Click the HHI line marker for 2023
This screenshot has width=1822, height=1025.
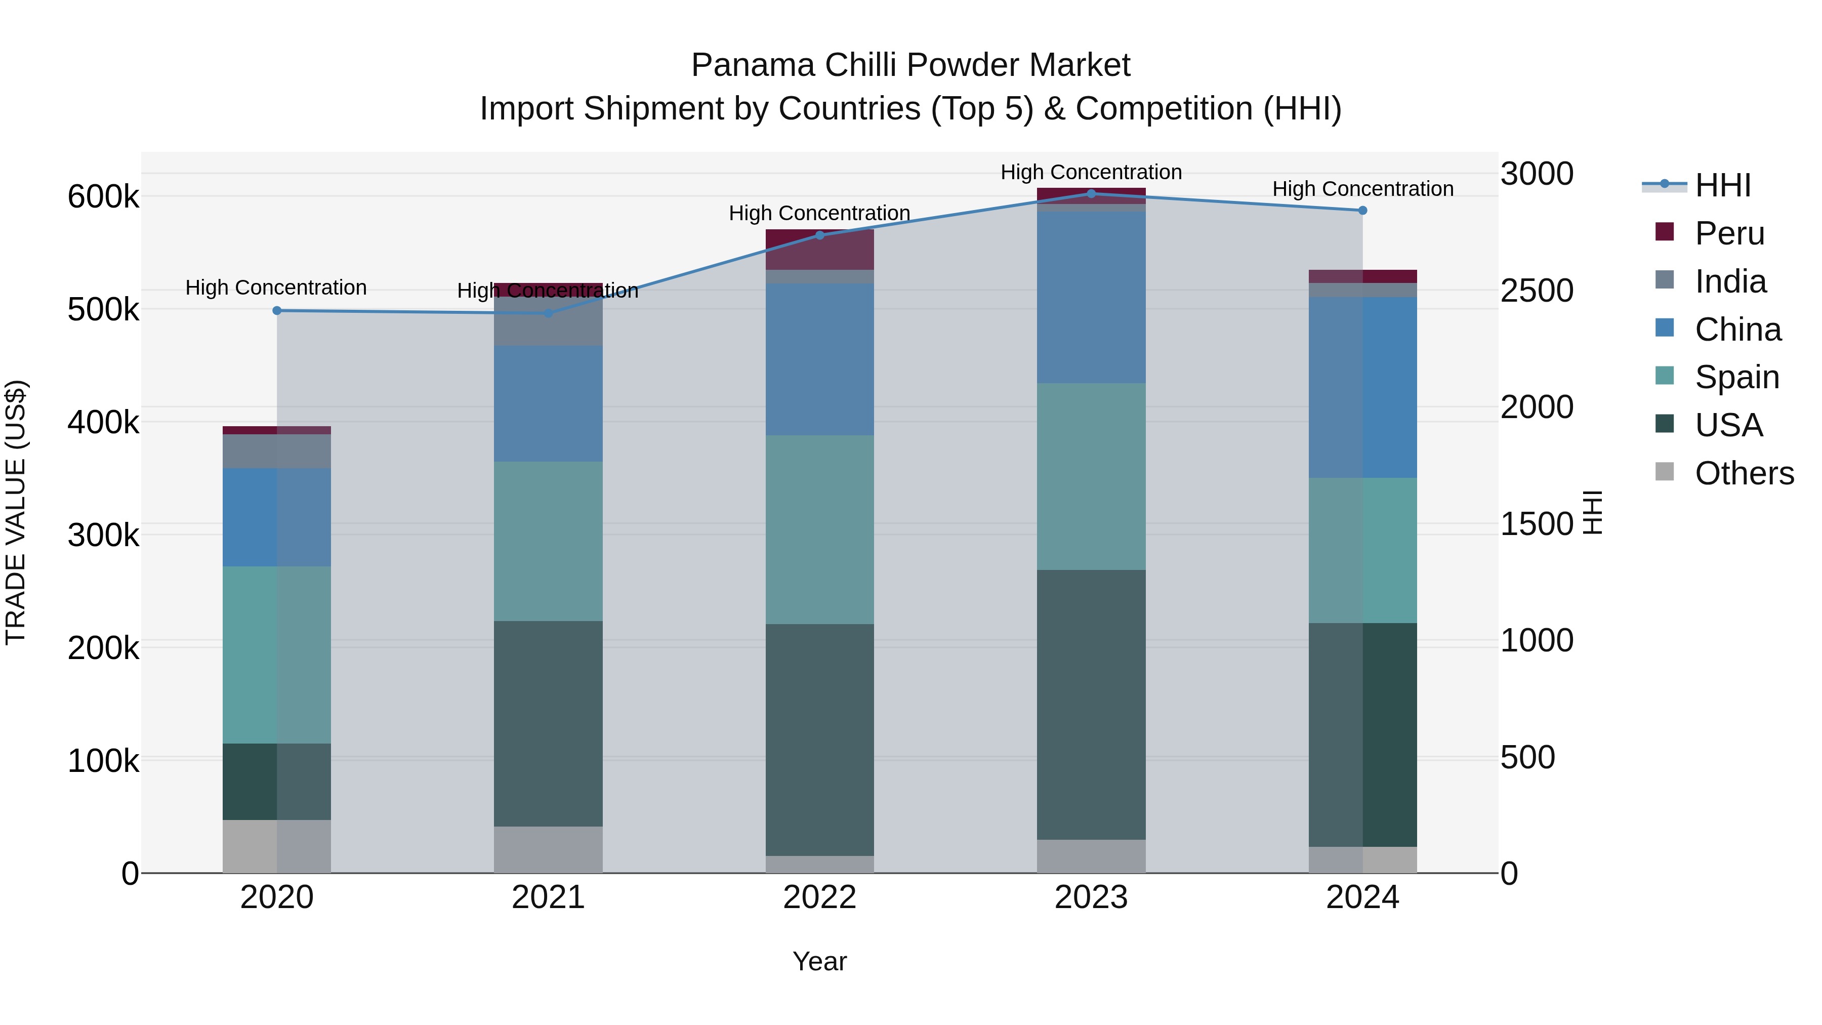tap(1091, 194)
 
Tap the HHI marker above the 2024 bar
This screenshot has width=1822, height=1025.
tap(1362, 210)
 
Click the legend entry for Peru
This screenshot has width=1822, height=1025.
tap(1729, 233)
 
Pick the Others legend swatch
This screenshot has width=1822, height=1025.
tap(1665, 472)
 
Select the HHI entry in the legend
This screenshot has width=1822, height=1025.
tap(1722, 185)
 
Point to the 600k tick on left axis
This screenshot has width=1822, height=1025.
tap(103, 197)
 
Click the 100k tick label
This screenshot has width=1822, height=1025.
tap(103, 761)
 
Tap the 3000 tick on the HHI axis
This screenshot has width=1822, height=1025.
tap(1536, 174)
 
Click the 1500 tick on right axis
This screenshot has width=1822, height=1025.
tap(1536, 524)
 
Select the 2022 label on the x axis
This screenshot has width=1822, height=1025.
tap(819, 897)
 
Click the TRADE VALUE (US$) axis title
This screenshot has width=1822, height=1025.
tap(16, 512)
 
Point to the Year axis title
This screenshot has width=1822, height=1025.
tap(819, 961)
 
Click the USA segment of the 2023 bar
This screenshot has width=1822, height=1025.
tap(1091, 704)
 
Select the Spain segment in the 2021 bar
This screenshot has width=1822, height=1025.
tap(548, 541)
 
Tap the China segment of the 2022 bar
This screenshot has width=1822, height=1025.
tap(819, 359)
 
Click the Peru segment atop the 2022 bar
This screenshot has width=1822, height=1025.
tap(819, 249)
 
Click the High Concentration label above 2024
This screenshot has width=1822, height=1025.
tap(1362, 189)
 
